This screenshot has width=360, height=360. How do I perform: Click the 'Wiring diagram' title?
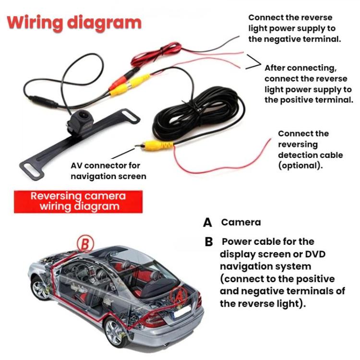pos(74,23)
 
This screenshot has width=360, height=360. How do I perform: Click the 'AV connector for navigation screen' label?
pos(108,171)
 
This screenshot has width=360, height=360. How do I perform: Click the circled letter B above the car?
pos(84,244)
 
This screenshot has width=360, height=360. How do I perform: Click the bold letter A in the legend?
pos(207,223)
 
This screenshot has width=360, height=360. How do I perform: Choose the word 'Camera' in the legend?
pos(241,222)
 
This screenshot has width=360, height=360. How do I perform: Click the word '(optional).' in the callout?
pos(300,166)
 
